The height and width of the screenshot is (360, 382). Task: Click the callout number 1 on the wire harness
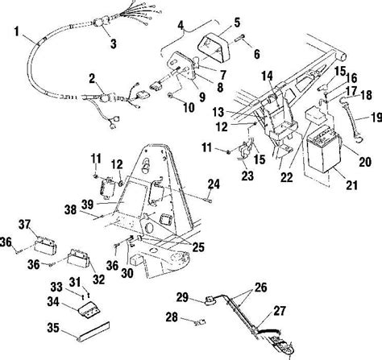click(x=17, y=31)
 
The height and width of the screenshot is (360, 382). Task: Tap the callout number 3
click(x=114, y=43)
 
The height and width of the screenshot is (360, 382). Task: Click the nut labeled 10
click(x=170, y=95)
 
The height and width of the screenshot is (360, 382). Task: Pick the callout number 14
click(x=268, y=76)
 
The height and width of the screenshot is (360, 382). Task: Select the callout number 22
click(x=286, y=177)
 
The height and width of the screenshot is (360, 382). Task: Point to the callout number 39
click(x=87, y=205)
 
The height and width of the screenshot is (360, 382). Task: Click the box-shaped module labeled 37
click(x=46, y=244)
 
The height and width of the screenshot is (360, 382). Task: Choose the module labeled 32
click(x=78, y=258)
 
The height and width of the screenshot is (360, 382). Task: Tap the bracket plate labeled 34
click(x=89, y=310)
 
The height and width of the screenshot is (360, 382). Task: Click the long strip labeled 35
click(x=93, y=331)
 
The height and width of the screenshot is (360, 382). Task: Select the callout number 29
click(x=183, y=298)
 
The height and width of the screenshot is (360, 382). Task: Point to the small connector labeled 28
click(x=201, y=321)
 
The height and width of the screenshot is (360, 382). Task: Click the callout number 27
click(x=280, y=311)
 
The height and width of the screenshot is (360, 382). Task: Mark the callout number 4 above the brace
click(x=181, y=26)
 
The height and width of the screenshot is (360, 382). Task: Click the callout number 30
click(x=127, y=273)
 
